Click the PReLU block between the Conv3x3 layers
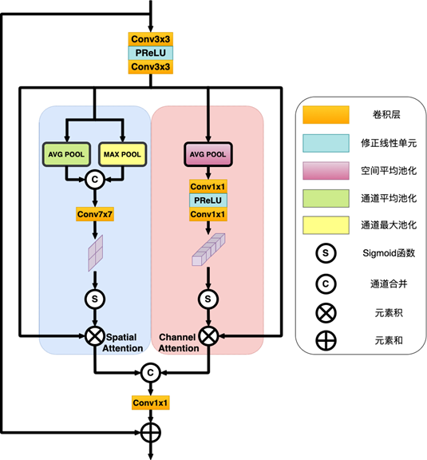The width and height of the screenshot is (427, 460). click(x=150, y=53)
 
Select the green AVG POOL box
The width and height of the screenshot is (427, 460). click(x=66, y=154)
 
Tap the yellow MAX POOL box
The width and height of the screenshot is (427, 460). click(x=122, y=154)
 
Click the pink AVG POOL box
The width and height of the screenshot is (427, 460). click(x=208, y=154)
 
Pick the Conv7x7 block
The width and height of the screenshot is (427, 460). click(x=95, y=215)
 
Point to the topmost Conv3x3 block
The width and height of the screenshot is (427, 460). click(x=150, y=39)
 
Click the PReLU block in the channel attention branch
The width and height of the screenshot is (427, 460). click(x=208, y=200)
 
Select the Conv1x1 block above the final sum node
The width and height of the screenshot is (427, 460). click(x=150, y=402)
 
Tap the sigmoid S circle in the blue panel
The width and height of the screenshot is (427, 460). click(x=95, y=299)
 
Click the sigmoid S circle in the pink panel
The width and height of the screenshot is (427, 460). click(x=208, y=299)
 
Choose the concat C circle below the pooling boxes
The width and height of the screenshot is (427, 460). click(x=95, y=180)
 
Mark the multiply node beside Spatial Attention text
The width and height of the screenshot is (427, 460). click(x=95, y=336)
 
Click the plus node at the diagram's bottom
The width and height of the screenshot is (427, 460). click(x=150, y=432)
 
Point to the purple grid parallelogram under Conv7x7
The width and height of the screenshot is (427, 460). click(x=96, y=253)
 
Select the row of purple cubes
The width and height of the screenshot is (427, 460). click(x=208, y=249)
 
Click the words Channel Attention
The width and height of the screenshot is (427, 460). click(x=178, y=343)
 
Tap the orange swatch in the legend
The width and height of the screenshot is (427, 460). click(x=326, y=115)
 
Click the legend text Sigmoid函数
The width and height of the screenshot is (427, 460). click(x=389, y=253)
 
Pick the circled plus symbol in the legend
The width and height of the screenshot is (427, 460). click(x=326, y=340)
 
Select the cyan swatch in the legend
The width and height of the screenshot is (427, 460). click(x=326, y=143)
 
